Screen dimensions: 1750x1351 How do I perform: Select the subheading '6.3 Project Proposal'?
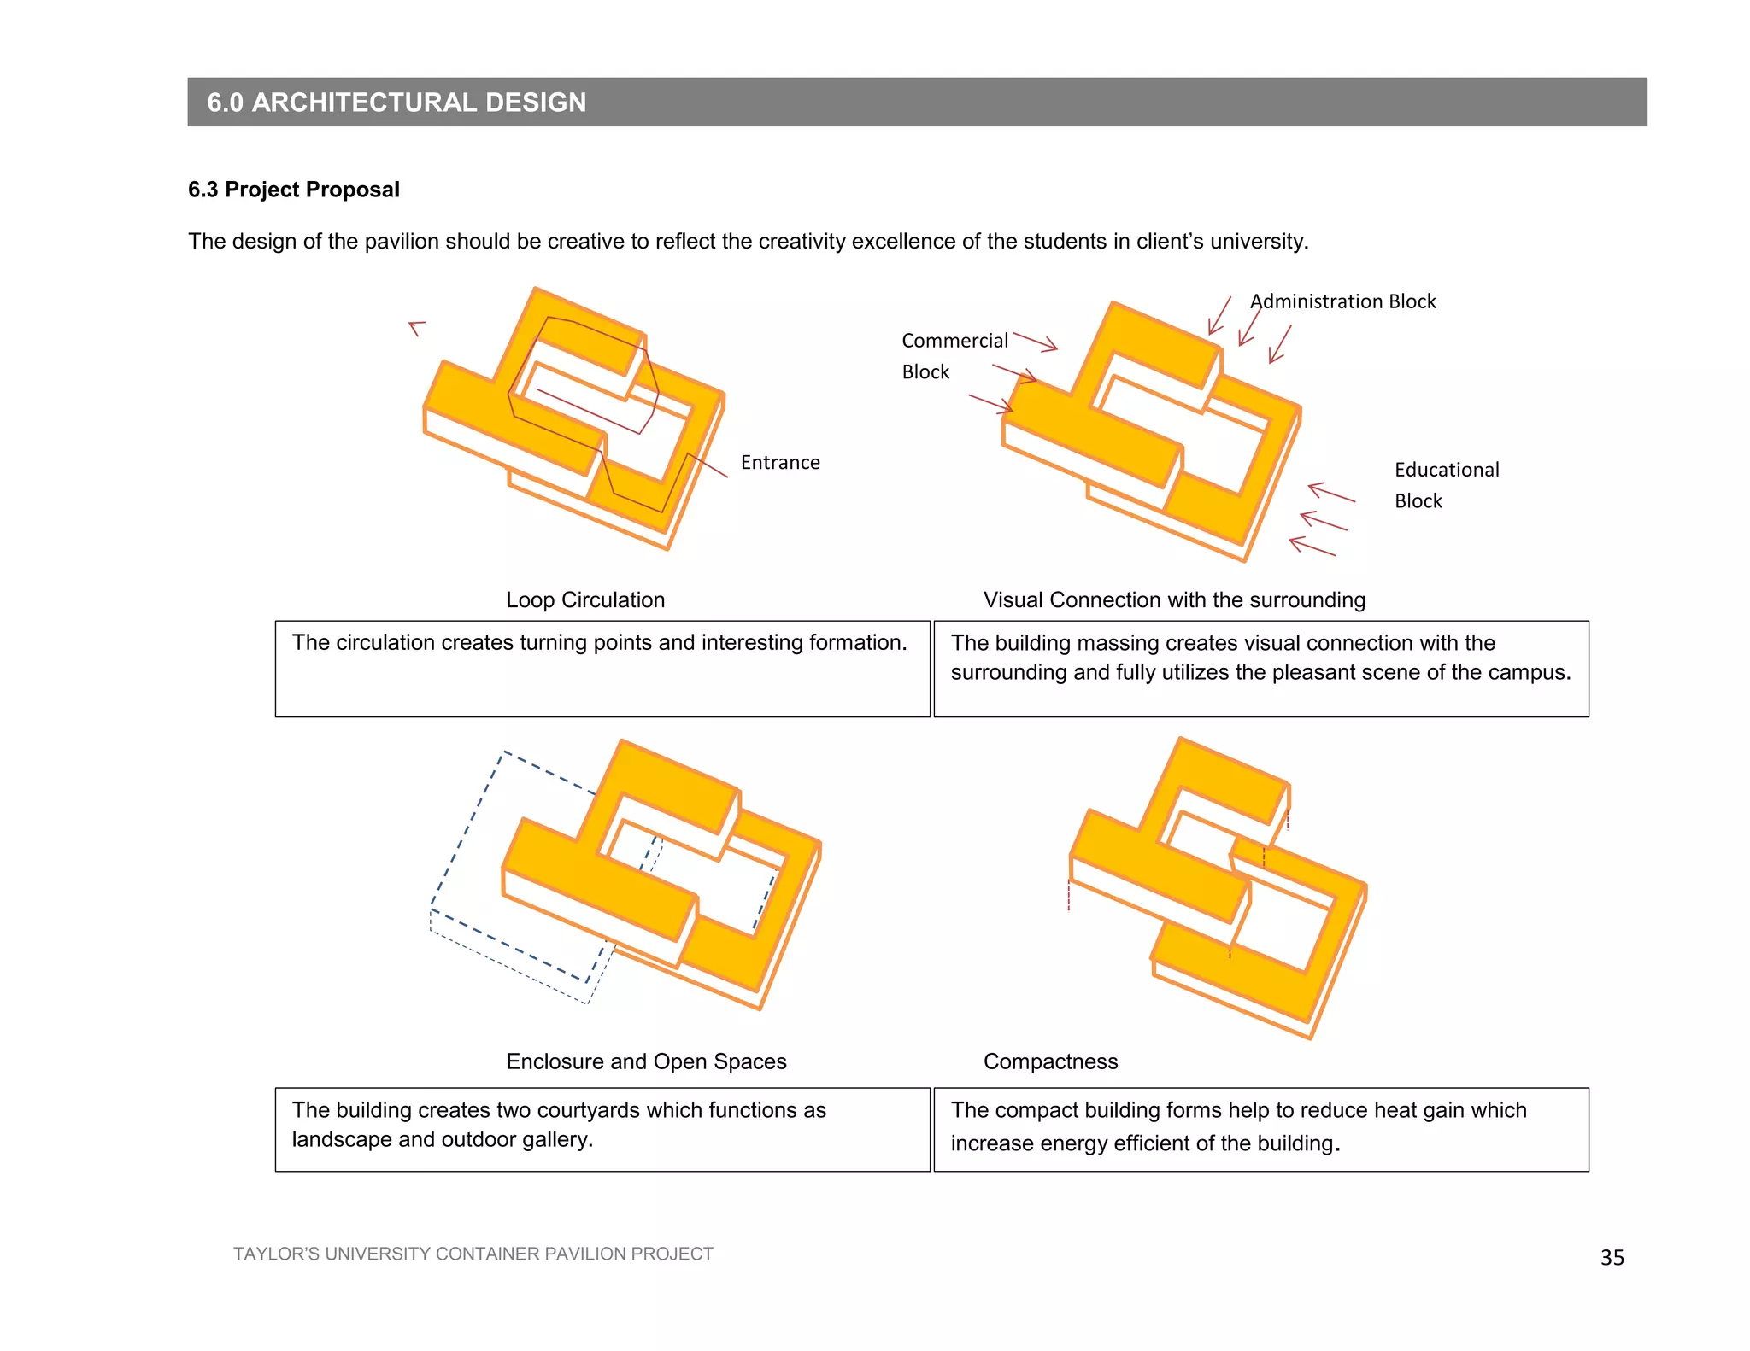coord(294,190)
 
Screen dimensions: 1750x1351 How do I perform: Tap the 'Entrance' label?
coord(780,462)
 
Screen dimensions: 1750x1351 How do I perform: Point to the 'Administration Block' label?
coord(1342,301)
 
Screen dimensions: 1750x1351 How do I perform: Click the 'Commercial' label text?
coord(955,341)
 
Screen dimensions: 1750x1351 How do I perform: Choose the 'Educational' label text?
coord(1447,470)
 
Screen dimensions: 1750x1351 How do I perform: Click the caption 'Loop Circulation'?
coord(585,599)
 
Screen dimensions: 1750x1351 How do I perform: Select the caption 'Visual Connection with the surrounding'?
coord(1174,600)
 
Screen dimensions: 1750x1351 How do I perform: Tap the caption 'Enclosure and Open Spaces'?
coord(646,1061)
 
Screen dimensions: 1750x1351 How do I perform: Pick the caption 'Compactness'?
coord(1050,1061)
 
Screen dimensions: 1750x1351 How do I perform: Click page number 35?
coord(1612,1257)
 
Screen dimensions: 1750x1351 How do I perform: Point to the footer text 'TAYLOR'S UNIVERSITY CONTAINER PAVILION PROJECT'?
coord(473,1254)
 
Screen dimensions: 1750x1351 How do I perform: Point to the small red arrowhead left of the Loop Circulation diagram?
coord(416,328)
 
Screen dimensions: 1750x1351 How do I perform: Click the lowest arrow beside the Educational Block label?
coord(1312,547)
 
